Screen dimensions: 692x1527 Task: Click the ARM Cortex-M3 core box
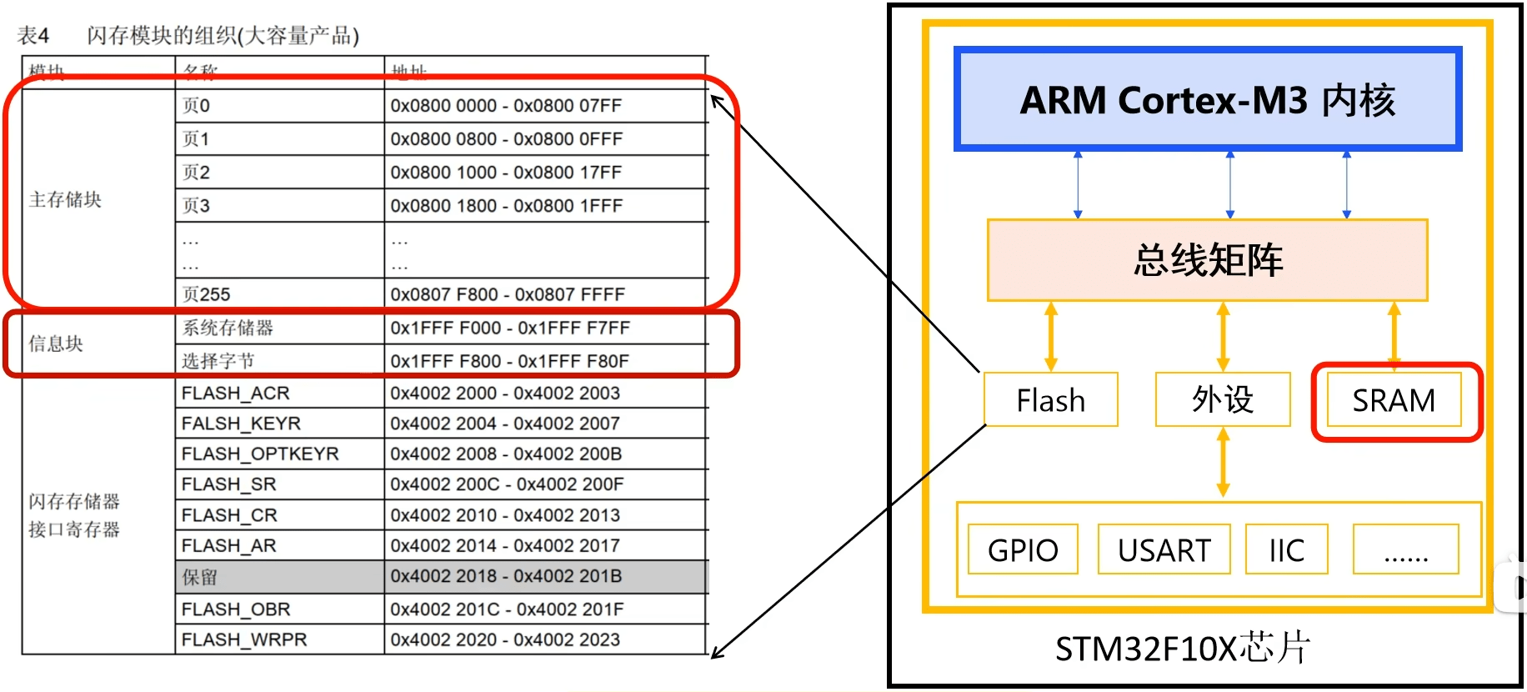pyautogui.click(x=1207, y=100)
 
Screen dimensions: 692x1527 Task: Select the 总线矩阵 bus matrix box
pyautogui.click(x=1207, y=260)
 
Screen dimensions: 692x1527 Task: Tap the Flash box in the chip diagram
pyautogui.click(x=1050, y=400)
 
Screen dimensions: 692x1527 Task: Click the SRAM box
pyautogui.click(x=1394, y=400)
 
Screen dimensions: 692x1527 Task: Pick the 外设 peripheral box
pyautogui.click(x=1222, y=399)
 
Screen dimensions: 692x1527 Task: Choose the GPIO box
pyautogui.click(x=1023, y=549)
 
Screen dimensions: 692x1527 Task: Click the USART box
pyautogui.click(x=1164, y=549)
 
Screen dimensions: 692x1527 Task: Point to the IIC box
pyautogui.click(x=1286, y=549)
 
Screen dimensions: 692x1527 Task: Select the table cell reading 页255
pyautogui.click(x=207, y=294)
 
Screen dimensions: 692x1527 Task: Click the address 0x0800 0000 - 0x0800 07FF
pyautogui.click(x=506, y=106)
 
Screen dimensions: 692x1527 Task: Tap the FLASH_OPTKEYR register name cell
pyautogui.click(x=260, y=454)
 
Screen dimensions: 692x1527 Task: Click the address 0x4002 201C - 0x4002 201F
pyautogui.click(x=506, y=609)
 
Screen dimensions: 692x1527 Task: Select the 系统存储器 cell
pyautogui.click(x=228, y=328)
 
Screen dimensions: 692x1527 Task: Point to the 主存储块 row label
pyautogui.click(x=65, y=199)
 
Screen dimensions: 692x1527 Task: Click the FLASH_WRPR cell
pyautogui.click(x=244, y=639)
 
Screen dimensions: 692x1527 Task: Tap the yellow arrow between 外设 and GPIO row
pyautogui.click(x=1223, y=463)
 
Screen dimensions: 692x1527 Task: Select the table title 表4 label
pyautogui.click(x=33, y=35)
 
